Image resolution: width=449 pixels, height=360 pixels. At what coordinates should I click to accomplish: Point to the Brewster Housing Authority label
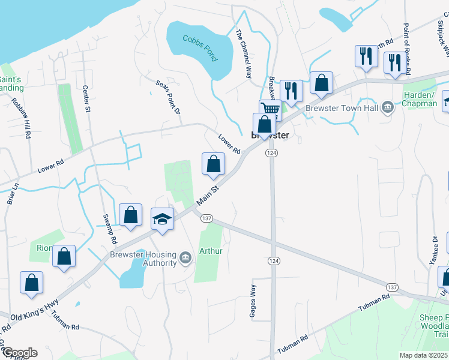[142, 259]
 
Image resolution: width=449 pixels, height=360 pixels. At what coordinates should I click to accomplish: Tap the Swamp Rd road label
[109, 228]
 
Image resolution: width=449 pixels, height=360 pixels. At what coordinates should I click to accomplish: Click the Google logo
[19, 353]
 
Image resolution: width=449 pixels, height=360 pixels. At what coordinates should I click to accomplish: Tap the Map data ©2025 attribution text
[423, 355]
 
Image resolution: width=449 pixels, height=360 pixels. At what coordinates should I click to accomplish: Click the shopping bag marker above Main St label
[213, 164]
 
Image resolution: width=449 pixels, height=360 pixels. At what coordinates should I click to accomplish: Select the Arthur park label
[211, 251]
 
